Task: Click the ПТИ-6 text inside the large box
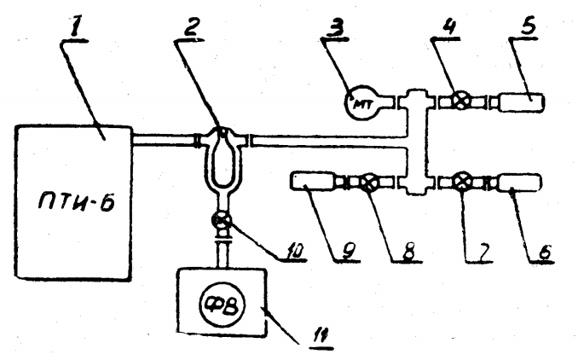tap(77, 202)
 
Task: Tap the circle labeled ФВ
tap(223, 305)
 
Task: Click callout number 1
tap(76, 30)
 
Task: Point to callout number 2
tap(193, 27)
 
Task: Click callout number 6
tap(545, 253)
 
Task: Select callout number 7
tap(483, 253)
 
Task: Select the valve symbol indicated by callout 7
tap(461, 182)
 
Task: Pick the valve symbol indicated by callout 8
tap(367, 183)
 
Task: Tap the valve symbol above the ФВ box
tap(222, 221)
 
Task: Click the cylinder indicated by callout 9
tap(313, 181)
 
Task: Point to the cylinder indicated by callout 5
tap(521, 102)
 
